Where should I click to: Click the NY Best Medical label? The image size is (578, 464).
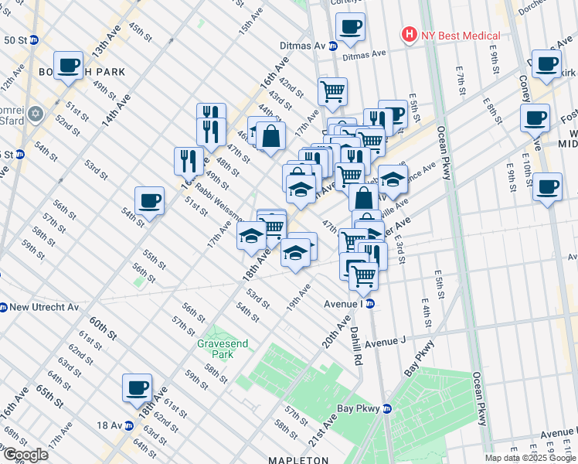point(461,36)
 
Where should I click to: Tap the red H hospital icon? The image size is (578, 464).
point(407,35)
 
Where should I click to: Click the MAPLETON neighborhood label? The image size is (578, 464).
point(293,460)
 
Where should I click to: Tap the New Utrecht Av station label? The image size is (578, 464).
point(44,307)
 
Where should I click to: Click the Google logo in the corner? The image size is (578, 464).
point(25,454)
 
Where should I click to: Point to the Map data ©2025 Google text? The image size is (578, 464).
point(530,458)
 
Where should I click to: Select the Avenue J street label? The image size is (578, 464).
point(385,341)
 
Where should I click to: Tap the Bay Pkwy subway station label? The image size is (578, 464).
point(358,408)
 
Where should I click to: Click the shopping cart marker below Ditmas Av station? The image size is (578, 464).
point(332,91)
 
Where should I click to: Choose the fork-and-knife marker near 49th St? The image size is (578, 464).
point(189,161)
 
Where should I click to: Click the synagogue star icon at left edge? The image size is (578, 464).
point(34,115)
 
